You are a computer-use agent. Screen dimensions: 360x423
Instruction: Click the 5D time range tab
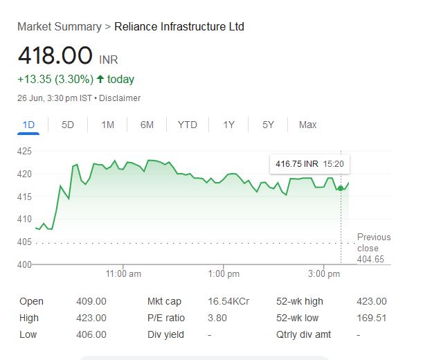click(68, 125)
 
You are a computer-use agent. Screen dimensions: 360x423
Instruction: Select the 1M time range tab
click(107, 125)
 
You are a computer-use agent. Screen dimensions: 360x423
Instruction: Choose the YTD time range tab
click(187, 125)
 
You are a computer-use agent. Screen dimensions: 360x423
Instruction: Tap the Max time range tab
click(307, 125)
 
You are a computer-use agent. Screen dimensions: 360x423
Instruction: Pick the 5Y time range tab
click(268, 125)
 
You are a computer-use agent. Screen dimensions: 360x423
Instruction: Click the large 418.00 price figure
click(55, 55)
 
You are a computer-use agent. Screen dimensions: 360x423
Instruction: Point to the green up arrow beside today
click(100, 79)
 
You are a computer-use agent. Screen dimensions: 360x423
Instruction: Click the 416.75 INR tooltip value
click(296, 164)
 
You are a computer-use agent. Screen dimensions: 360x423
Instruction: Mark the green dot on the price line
click(341, 188)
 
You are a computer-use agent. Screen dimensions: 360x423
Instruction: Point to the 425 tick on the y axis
click(24, 151)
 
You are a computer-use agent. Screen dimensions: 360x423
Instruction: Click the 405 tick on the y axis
click(24, 242)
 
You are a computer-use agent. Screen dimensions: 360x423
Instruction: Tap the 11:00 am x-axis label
click(124, 274)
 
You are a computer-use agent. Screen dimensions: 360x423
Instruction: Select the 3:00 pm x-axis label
click(323, 274)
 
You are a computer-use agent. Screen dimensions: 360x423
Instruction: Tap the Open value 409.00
click(91, 301)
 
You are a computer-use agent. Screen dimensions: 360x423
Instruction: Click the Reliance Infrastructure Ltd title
click(179, 27)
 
